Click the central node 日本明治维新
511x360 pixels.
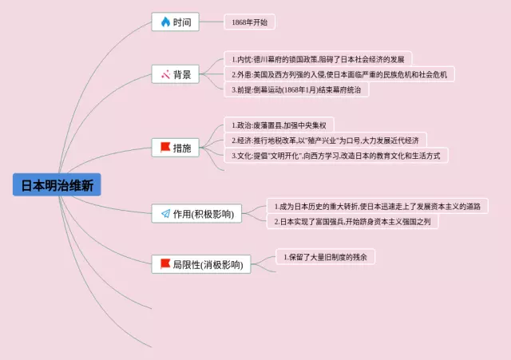click(57, 185)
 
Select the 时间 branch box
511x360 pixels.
click(176, 22)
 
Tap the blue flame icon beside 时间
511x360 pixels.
click(165, 22)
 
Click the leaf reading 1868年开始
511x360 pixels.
click(249, 22)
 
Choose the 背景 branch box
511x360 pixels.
click(176, 75)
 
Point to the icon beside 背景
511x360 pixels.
click(164, 75)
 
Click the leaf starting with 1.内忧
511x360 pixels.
click(317, 59)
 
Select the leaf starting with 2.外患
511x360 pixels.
click(339, 74)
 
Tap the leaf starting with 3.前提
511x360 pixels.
click(295, 89)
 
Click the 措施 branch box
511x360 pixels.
click(176, 148)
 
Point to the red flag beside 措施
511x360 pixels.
click(165, 148)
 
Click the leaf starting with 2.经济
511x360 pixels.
click(325, 140)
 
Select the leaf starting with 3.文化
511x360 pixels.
click(335, 156)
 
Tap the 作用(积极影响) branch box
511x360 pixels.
click(196, 214)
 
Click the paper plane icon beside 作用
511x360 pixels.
click(165, 214)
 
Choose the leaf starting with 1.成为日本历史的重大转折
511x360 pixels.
click(377, 206)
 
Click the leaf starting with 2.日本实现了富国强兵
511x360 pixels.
click(352, 222)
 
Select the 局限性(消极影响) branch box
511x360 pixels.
click(200, 264)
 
